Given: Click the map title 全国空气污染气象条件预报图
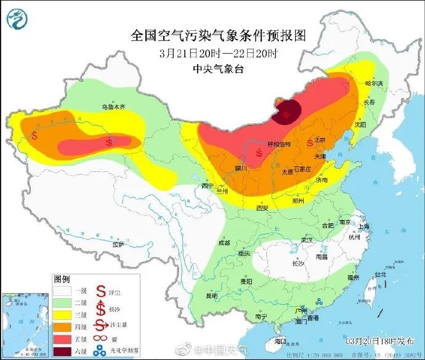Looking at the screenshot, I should pos(218,35).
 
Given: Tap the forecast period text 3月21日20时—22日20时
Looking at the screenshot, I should pos(218,53).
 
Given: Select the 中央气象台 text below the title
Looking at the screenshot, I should pos(218,69).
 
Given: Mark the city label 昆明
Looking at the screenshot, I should pos(212,296).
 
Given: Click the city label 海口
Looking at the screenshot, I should pos(281,341).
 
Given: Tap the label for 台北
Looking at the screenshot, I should pos(381,274).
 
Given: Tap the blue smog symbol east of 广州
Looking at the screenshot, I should pos(319,301).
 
